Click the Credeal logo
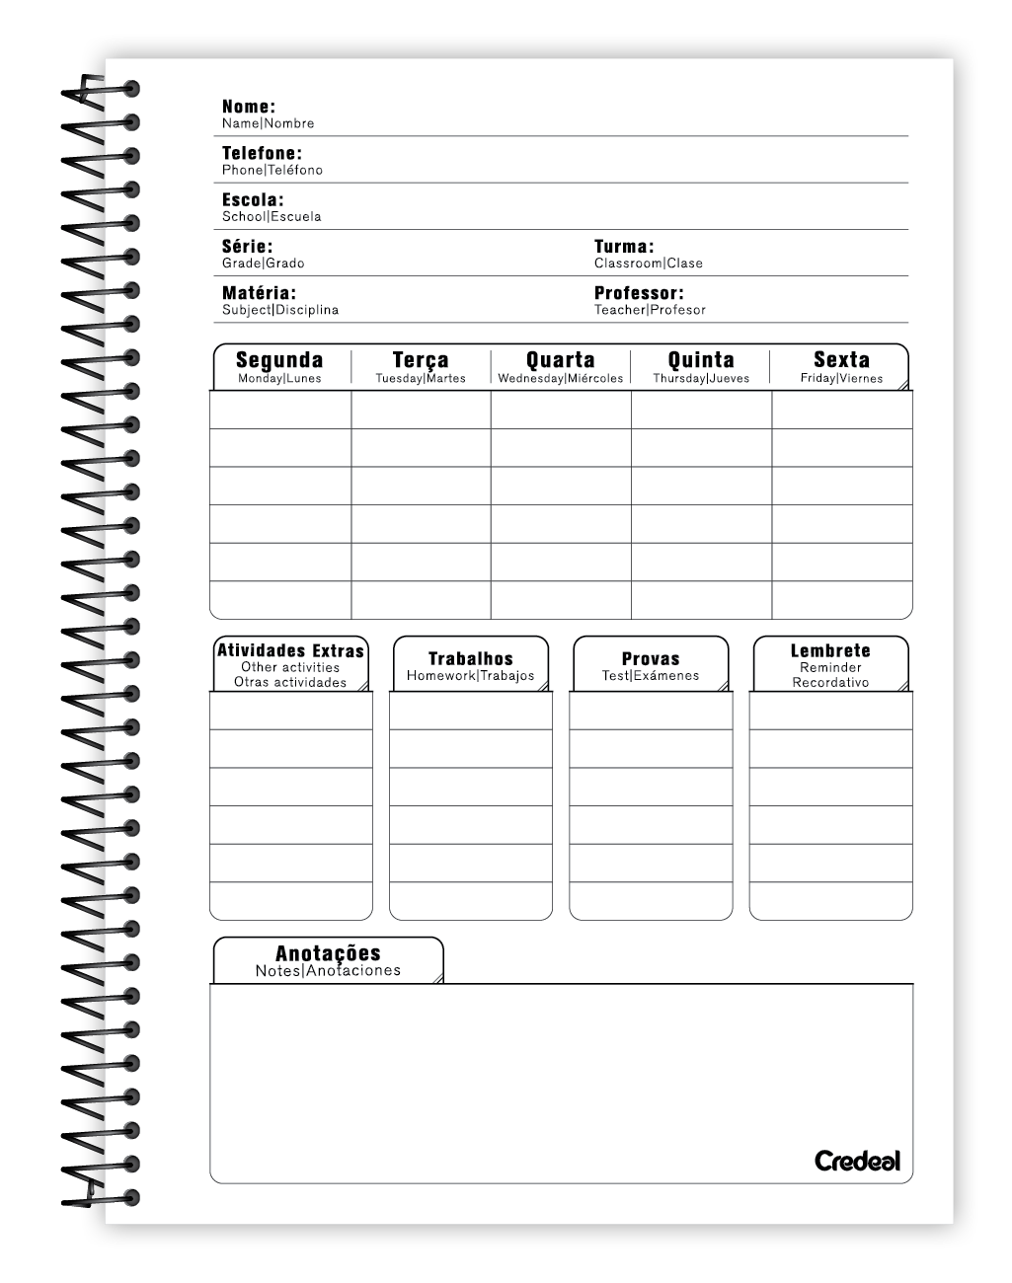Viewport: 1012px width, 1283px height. click(x=857, y=1161)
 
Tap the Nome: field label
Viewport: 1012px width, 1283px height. click(x=248, y=107)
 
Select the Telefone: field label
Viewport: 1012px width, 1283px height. click(x=262, y=153)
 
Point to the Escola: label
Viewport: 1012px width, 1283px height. click(x=252, y=199)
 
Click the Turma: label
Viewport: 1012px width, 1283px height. click(x=623, y=247)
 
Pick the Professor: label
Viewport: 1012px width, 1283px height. click(x=638, y=293)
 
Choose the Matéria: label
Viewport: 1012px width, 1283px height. click(x=259, y=293)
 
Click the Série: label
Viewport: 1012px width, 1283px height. click(x=247, y=247)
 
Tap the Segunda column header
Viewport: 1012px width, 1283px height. click(x=279, y=360)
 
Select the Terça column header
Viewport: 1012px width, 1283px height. click(x=421, y=360)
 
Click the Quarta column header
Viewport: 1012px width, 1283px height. click(x=561, y=360)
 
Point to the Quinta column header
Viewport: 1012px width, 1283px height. click(x=701, y=360)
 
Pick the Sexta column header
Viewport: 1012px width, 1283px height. click(x=841, y=360)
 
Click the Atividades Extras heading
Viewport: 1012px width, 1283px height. click(x=290, y=651)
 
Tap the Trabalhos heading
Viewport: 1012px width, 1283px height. click(x=471, y=658)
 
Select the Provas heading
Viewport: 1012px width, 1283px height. click(x=651, y=658)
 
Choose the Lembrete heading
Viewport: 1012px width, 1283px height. click(x=830, y=651)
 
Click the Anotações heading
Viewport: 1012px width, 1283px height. click(x=328, y=953)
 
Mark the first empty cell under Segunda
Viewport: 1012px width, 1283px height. click(x=280, y=410)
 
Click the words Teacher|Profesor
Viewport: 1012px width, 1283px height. click(x=650, y=310)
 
